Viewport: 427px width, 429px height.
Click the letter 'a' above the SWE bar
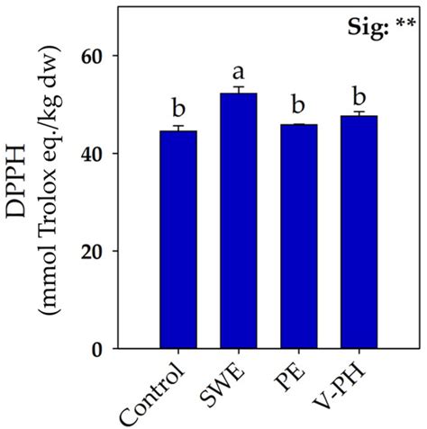tap(239, 71)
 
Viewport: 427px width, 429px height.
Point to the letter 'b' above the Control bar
tap(178, 110)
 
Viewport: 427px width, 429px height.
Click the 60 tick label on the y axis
tap(94, 56)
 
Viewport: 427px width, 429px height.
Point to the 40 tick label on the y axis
tap(94, 154)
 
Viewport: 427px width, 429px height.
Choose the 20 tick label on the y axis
tap(94, 251)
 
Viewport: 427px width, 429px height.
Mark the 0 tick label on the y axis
tap(101, 349)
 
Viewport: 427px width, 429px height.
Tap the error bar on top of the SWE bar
tap(239, 89)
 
